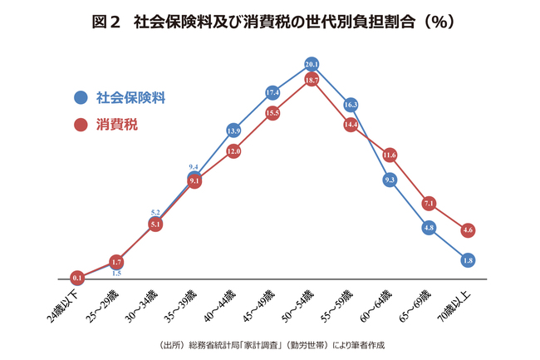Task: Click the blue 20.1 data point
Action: tap(312, 63)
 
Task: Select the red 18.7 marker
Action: tap(312, 80)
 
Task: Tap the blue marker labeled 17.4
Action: tap(272, 92)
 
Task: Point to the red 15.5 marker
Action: tap(272, 112)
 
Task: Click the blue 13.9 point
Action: tap(233, 131)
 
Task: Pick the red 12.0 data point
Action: tap(233, 151)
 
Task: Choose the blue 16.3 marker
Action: tap(351, 105)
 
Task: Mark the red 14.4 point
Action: tap(351, 125)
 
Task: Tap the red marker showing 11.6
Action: tap(390, 155)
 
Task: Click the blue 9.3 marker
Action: tap(390, 180)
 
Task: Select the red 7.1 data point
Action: tap(429, 203)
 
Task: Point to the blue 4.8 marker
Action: tap(429, 227)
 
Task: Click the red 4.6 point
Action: tap(468, 229)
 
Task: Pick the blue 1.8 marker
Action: tap(468, 260)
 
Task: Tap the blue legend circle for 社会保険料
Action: tap(81, 97)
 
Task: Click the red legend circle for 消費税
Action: tap(81, 126)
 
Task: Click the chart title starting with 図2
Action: tap(270, 22)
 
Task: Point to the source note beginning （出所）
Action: tap(270, 344)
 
